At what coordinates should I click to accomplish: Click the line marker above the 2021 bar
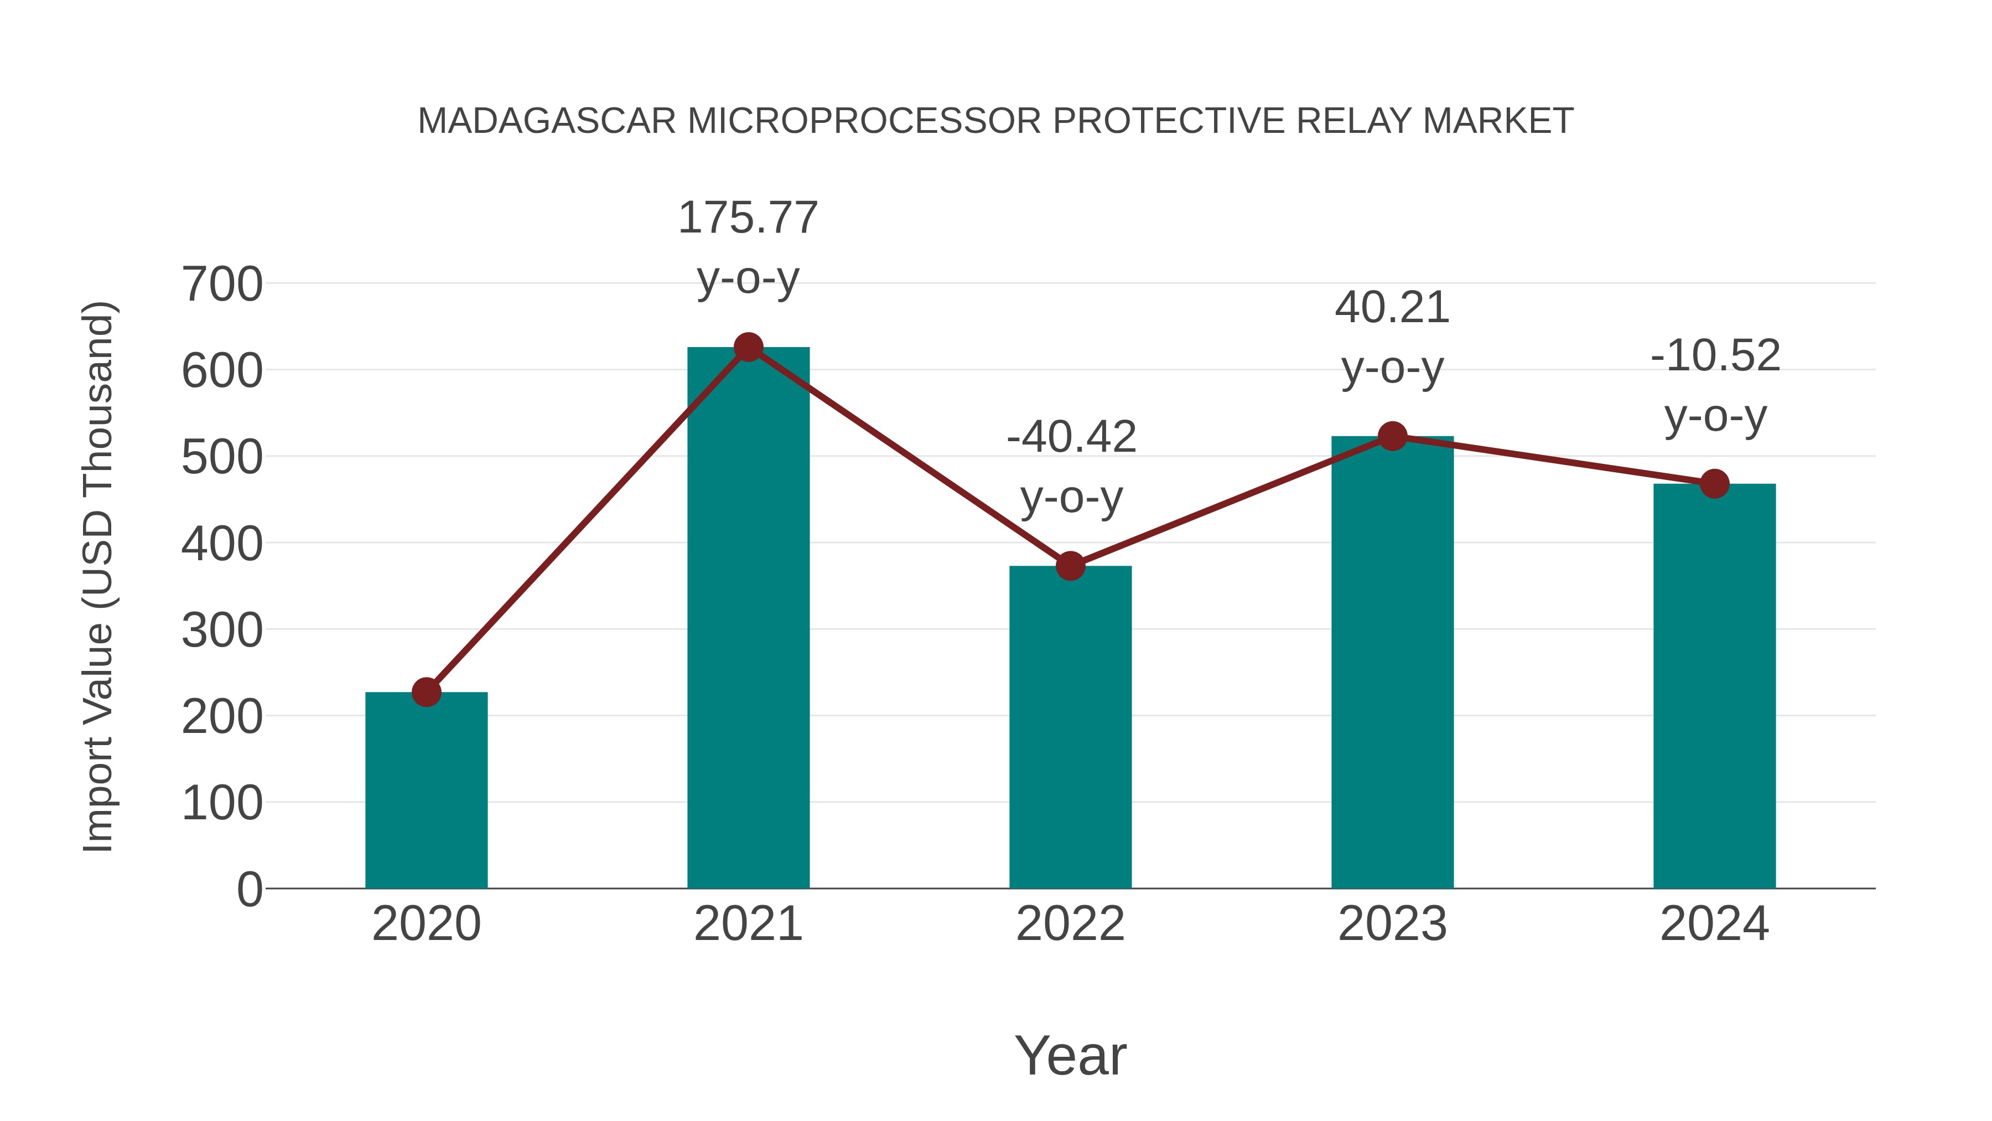coord(748,347)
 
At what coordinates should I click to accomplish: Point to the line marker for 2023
coord(1392,436)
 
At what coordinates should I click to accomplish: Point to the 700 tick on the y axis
coord(222,285)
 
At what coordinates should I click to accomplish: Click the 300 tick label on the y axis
coord(222,631)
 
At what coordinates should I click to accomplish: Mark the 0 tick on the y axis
coord(250,890)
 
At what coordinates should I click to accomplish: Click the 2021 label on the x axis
coord(748,924)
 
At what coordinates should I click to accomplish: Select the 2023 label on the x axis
coord(1392,924)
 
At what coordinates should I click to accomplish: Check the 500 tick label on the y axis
coord(222,457)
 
